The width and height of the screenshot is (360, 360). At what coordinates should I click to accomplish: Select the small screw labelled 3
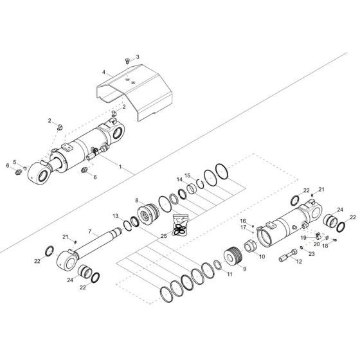(x=127, y=60)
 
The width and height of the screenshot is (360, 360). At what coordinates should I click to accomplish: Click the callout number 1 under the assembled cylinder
(x=120, y=166)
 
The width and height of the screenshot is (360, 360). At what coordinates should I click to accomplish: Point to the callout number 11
(x=230, y=273)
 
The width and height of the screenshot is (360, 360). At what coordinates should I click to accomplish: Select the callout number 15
(x=188, y=175)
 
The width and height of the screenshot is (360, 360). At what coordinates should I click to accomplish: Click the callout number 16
(x=243, y=221)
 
